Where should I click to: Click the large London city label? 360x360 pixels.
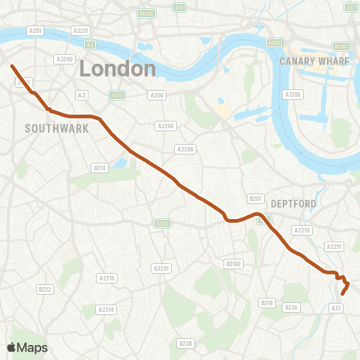click(118, 69)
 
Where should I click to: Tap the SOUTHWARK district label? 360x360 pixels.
click(57, 128)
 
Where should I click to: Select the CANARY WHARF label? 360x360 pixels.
click(314, 61)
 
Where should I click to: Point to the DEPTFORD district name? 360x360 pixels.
click(294, 203)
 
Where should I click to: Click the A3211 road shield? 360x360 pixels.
click(81, 30)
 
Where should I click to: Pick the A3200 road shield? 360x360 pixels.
click(64, 59)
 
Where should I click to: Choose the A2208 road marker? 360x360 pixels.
click(185, 149)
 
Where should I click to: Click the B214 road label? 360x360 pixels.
click(99, 167)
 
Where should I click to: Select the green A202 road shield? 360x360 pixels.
click(161, 223)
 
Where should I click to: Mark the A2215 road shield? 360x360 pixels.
click(161, 268)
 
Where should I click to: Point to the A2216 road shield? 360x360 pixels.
click(107, 278)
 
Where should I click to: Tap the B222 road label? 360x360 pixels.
click(45, 289)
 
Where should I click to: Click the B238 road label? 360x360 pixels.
click(185, 343)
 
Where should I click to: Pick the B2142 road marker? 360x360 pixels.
click(234, 263)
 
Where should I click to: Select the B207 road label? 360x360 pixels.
click(256, 199)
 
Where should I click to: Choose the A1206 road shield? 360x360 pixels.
click(292, 94)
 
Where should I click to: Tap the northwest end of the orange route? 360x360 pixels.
click(12, 66)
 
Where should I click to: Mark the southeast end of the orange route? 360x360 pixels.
click(343, 294)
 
